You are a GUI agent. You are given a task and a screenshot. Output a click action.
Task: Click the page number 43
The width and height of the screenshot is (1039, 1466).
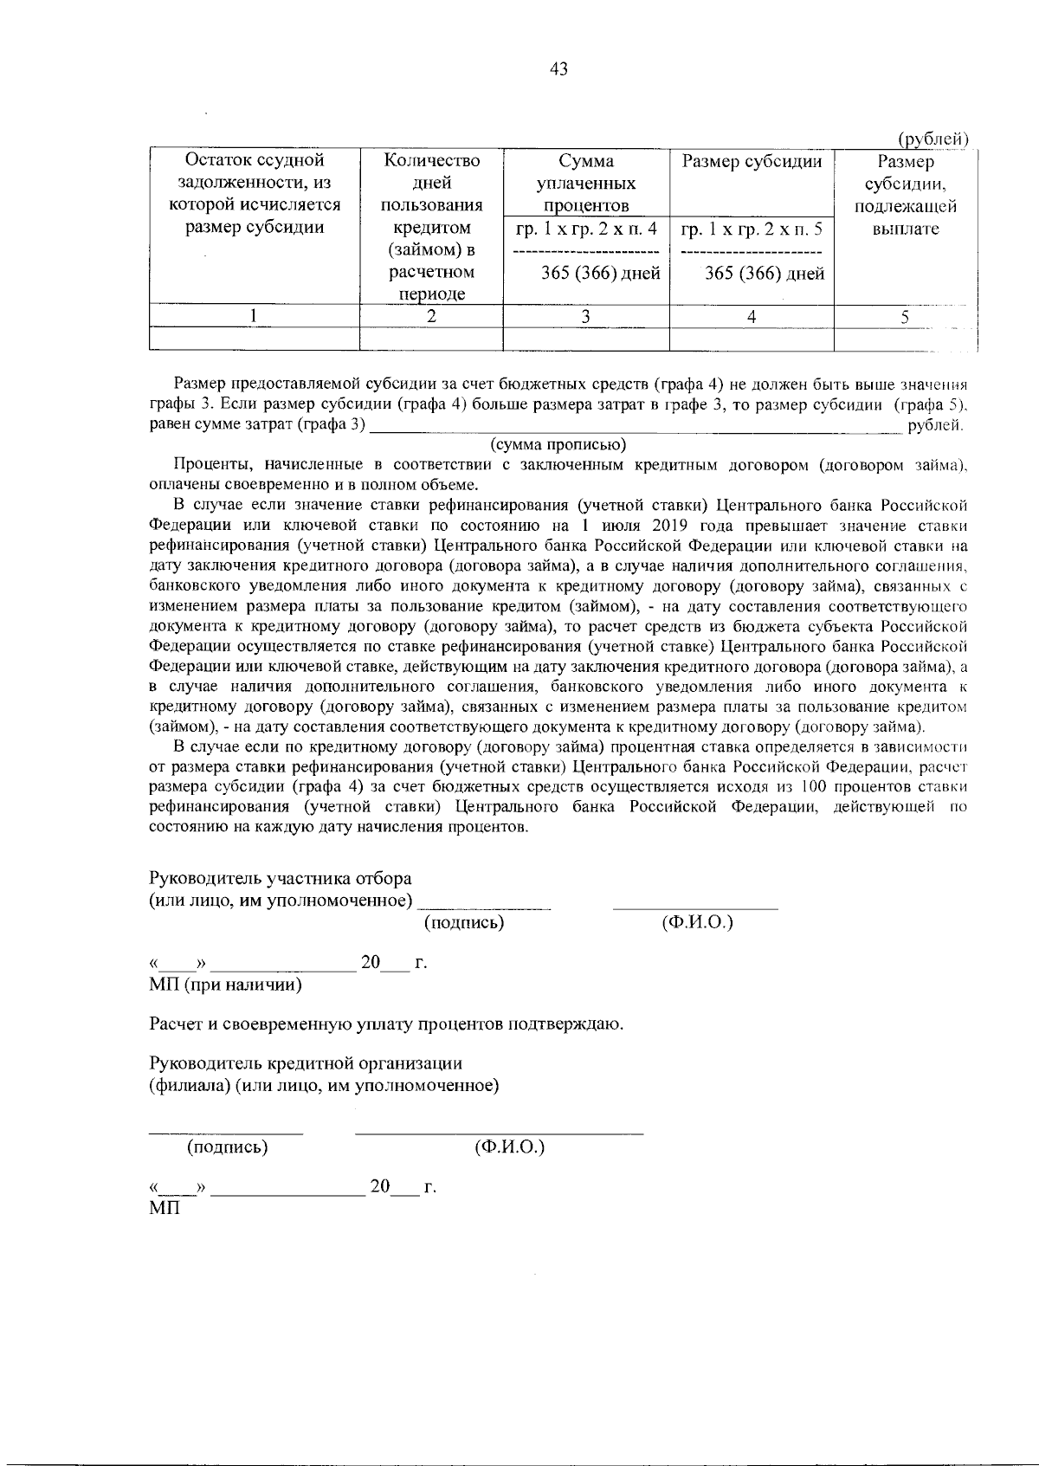point(558,69)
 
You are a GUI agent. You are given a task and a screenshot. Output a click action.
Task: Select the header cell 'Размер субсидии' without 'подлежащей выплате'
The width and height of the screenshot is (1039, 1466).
point(752,161)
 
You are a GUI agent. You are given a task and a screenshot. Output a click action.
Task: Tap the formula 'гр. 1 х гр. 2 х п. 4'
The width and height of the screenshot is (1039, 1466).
point(586,229)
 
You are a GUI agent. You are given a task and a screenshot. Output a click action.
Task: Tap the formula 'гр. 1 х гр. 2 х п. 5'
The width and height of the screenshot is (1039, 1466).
point(752,229)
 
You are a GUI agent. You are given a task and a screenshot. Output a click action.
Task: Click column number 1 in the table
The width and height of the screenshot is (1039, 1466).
point(254,316)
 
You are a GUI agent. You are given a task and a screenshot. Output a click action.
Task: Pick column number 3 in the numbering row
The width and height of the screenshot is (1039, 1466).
point(586,316)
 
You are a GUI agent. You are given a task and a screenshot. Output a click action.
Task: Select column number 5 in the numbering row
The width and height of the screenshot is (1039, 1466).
point(905,316)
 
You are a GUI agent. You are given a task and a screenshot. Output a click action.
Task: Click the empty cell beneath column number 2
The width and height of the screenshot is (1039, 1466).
point(431,339)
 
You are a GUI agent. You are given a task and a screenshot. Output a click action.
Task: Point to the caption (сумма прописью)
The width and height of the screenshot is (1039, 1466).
point(558,445)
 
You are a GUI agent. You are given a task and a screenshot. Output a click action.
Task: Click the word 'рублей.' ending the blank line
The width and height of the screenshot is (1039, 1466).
point(935,424)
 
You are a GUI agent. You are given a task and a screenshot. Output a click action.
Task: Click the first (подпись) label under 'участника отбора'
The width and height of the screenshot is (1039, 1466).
point(464,923)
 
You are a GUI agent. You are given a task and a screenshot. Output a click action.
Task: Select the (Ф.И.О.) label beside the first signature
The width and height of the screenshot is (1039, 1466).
point(696,923)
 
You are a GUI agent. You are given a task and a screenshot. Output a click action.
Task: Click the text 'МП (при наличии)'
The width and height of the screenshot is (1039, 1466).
point(225,985)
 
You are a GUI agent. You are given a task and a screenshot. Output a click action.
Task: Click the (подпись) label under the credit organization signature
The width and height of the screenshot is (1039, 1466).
point(228,1147)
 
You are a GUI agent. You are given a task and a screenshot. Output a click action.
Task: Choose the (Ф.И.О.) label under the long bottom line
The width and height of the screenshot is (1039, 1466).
point(509,1147)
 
